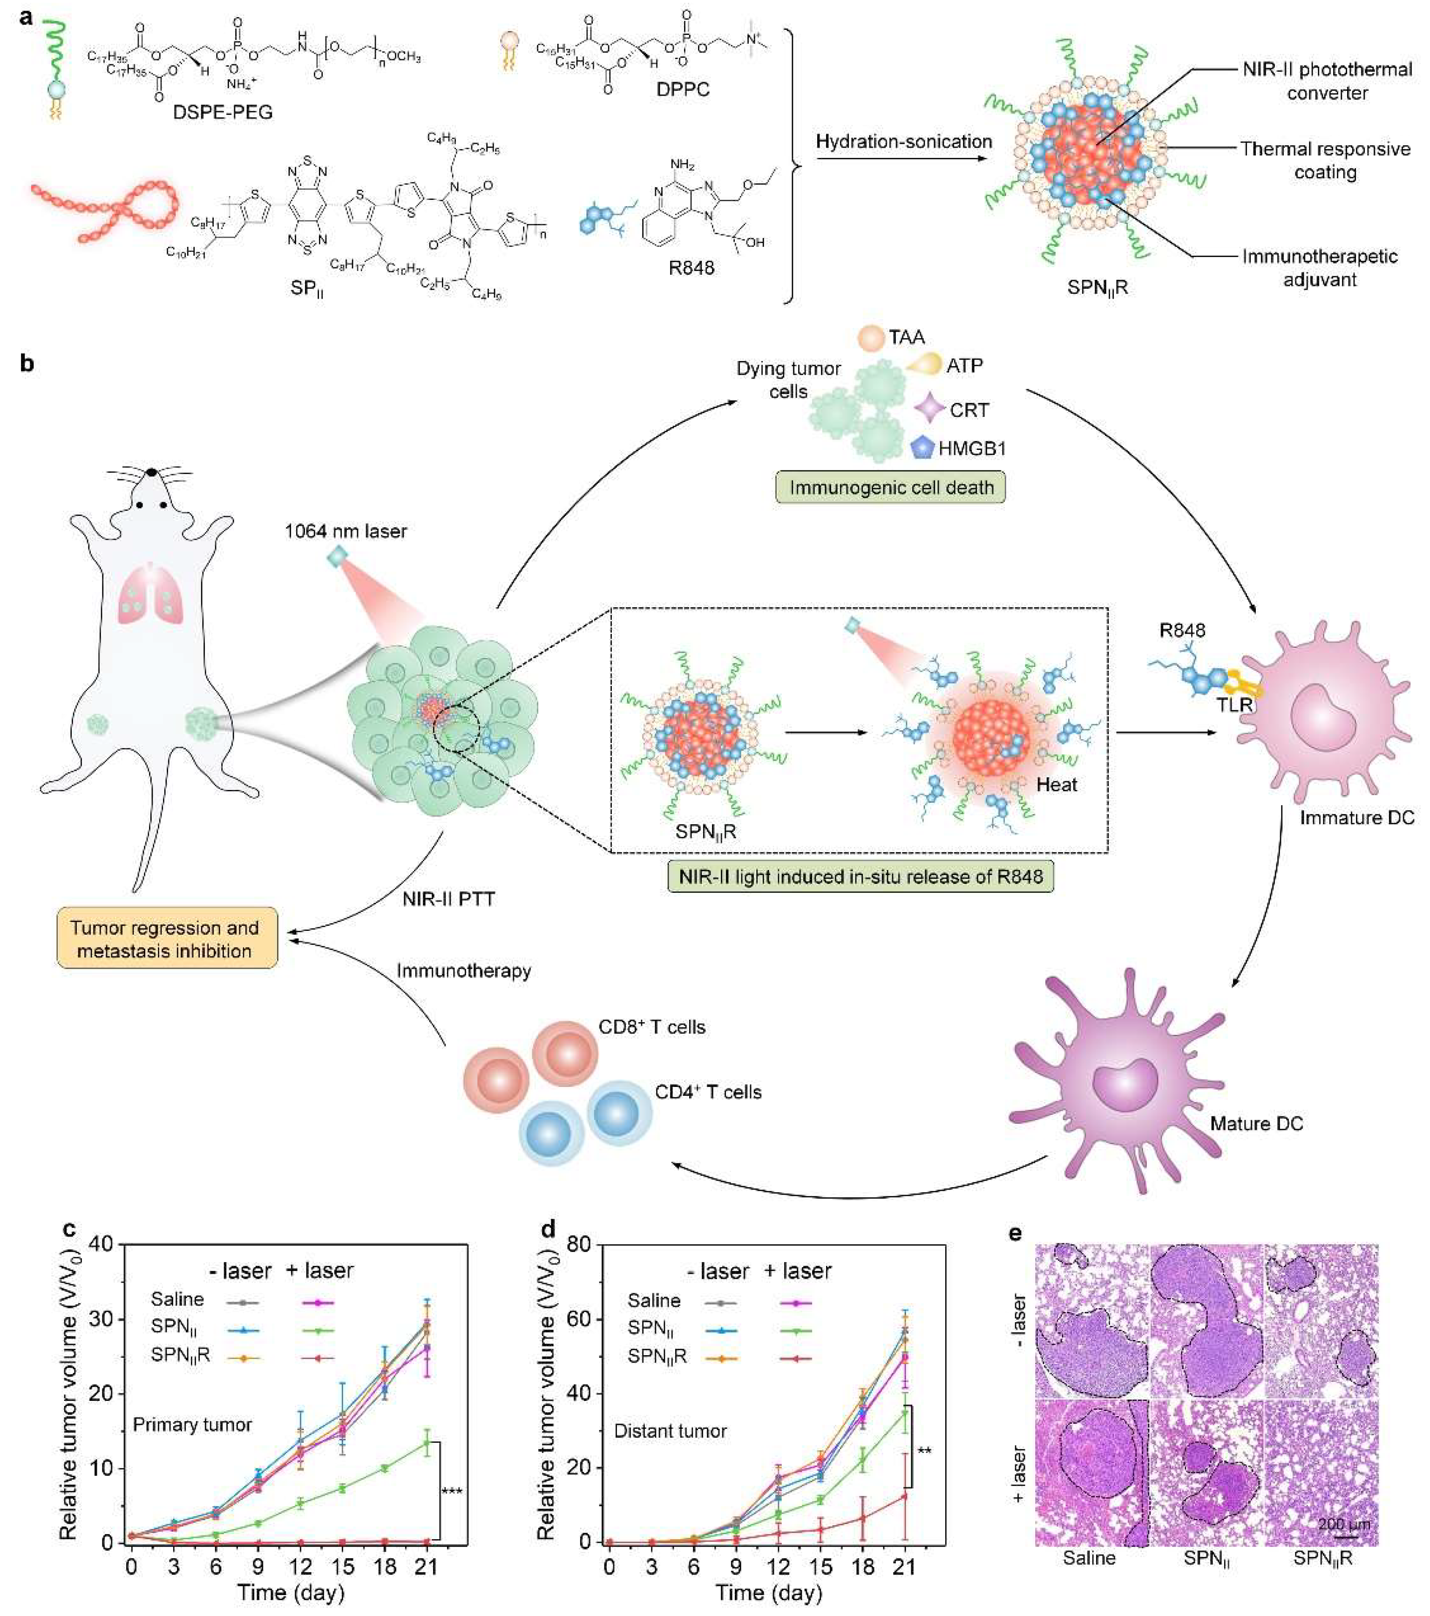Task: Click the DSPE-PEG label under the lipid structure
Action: [223, 112]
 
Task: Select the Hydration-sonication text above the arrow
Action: [903, 143]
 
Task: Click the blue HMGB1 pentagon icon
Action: [922, 448]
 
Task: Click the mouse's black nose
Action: [150, 472]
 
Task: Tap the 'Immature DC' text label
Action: [1356, 817]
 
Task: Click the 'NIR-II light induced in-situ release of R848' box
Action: [860, 876]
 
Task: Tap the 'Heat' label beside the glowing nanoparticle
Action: [1057, 785]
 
